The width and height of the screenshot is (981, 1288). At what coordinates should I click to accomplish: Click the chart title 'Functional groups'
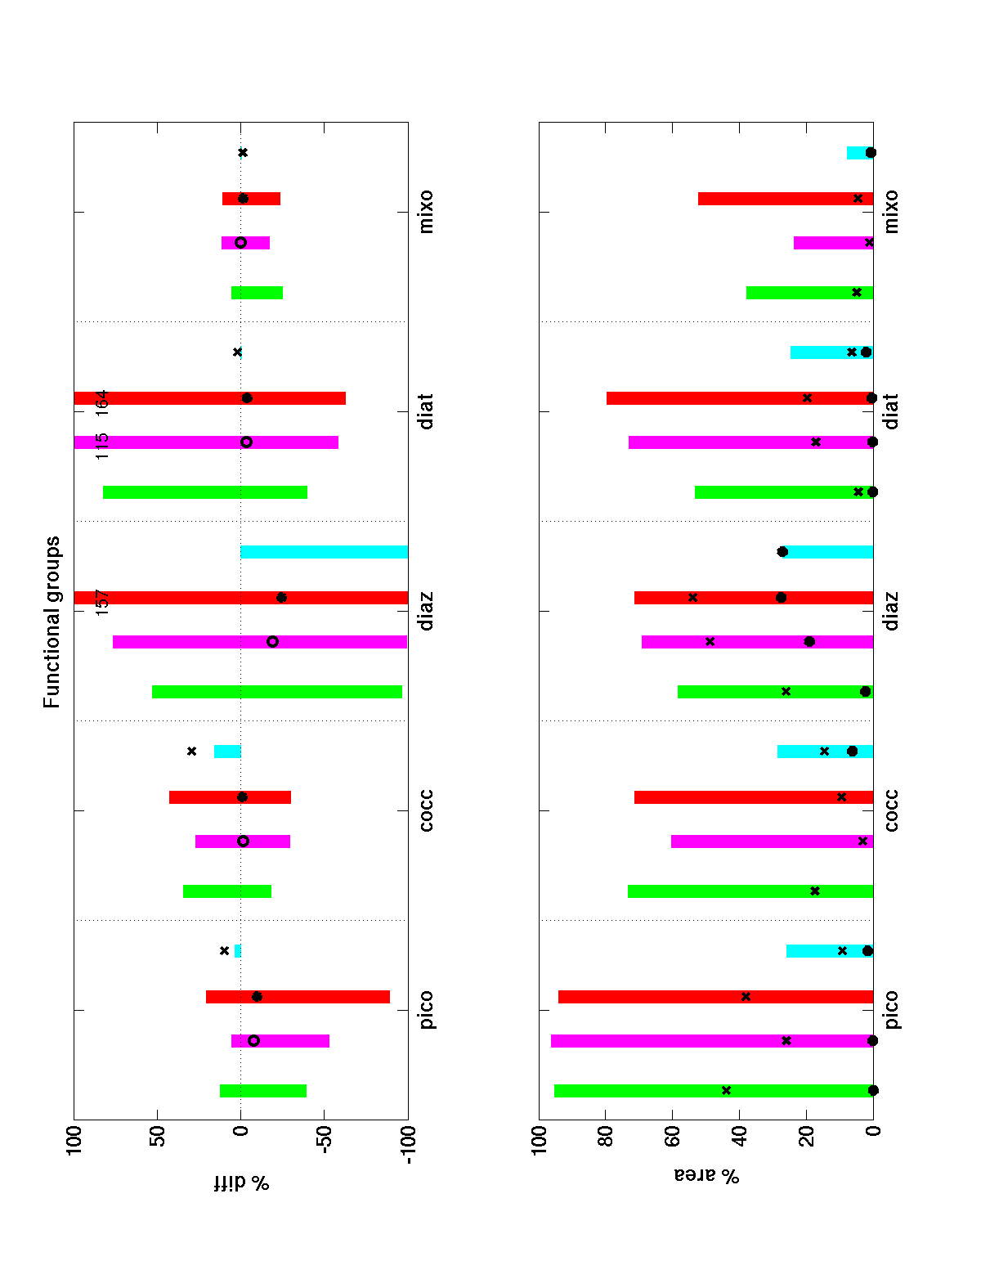tap(52, 622)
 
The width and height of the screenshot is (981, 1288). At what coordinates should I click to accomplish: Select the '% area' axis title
tap(706, 1176)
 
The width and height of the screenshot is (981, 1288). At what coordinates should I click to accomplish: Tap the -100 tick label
tap(407, 1146)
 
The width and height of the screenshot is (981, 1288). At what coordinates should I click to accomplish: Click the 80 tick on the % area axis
tap(606, 1138)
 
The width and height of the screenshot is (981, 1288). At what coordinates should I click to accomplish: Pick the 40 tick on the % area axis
tap(739, 1138)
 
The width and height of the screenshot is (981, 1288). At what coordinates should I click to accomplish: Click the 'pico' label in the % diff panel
tap(426, 1010)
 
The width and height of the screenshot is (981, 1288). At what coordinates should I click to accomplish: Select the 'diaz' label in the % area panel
tap(891, 611)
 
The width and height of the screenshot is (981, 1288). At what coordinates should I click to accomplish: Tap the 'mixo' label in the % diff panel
tap(426, 212)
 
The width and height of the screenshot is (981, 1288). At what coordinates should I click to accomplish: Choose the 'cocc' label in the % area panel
tap(891, 810)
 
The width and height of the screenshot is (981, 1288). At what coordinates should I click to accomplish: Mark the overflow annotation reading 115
tap(102, 446)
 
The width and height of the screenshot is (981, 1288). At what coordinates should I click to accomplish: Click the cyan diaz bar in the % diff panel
tap(324, 552)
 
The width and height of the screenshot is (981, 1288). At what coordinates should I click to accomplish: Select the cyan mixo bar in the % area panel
tap(858, 153)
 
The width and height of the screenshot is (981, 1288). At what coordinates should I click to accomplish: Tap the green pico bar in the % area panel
tap(714, 1090)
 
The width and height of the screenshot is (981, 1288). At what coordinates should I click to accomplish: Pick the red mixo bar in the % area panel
tap(785, 199)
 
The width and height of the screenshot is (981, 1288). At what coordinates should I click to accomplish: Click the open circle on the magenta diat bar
tap(247, 442)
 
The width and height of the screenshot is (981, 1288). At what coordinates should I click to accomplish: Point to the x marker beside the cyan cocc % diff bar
tap(192, 751)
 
